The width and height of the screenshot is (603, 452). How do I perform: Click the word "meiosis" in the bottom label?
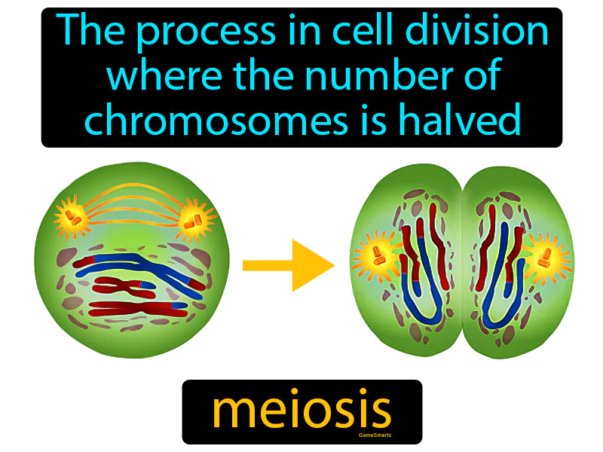[301, 411]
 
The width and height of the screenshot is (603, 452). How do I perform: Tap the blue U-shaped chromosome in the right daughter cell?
[497, 294]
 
